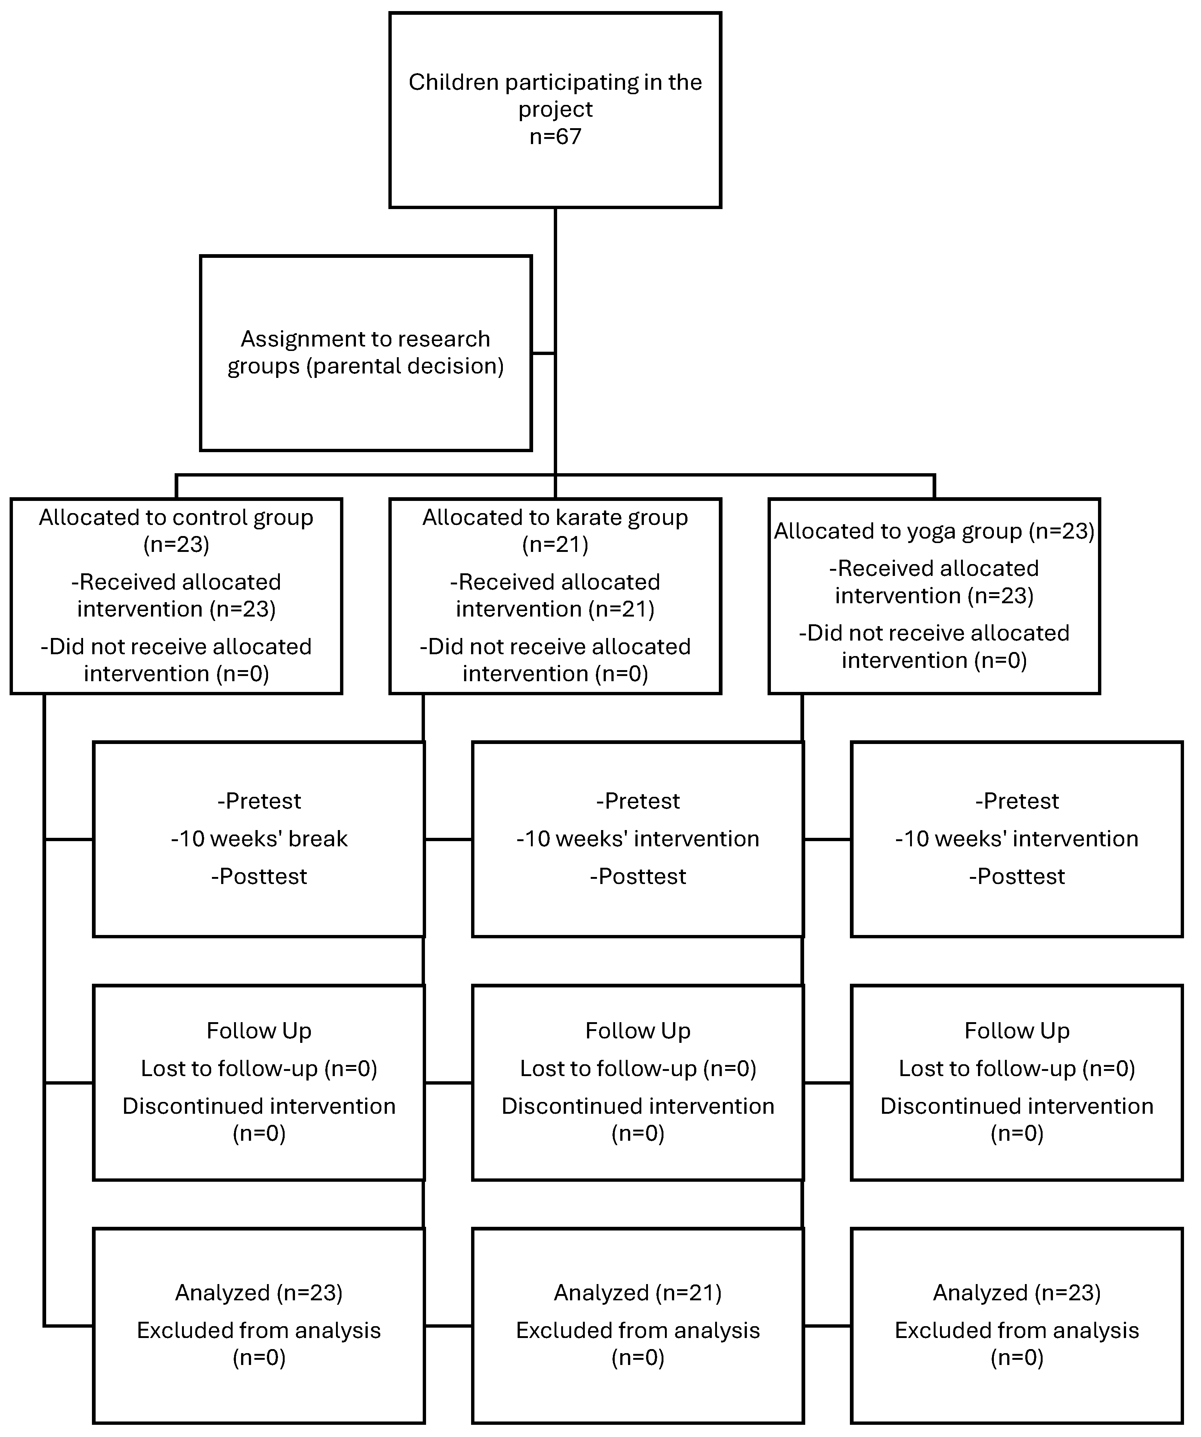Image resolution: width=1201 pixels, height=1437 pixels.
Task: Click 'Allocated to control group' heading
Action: tap(176, 517)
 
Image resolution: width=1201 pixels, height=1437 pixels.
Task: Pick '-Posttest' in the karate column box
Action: tap(638, 877)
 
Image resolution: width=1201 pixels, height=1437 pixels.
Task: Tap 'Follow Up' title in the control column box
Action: tap(259, 1031)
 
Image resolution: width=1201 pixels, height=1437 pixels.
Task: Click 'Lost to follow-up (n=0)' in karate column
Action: tap(638, 1068)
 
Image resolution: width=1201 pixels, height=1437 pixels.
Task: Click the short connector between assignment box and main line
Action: tap(543, 353)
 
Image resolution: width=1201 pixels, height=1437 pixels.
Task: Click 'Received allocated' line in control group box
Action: tap(176, 582)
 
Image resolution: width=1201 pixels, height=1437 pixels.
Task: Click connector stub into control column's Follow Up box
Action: tap(68, 1083)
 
